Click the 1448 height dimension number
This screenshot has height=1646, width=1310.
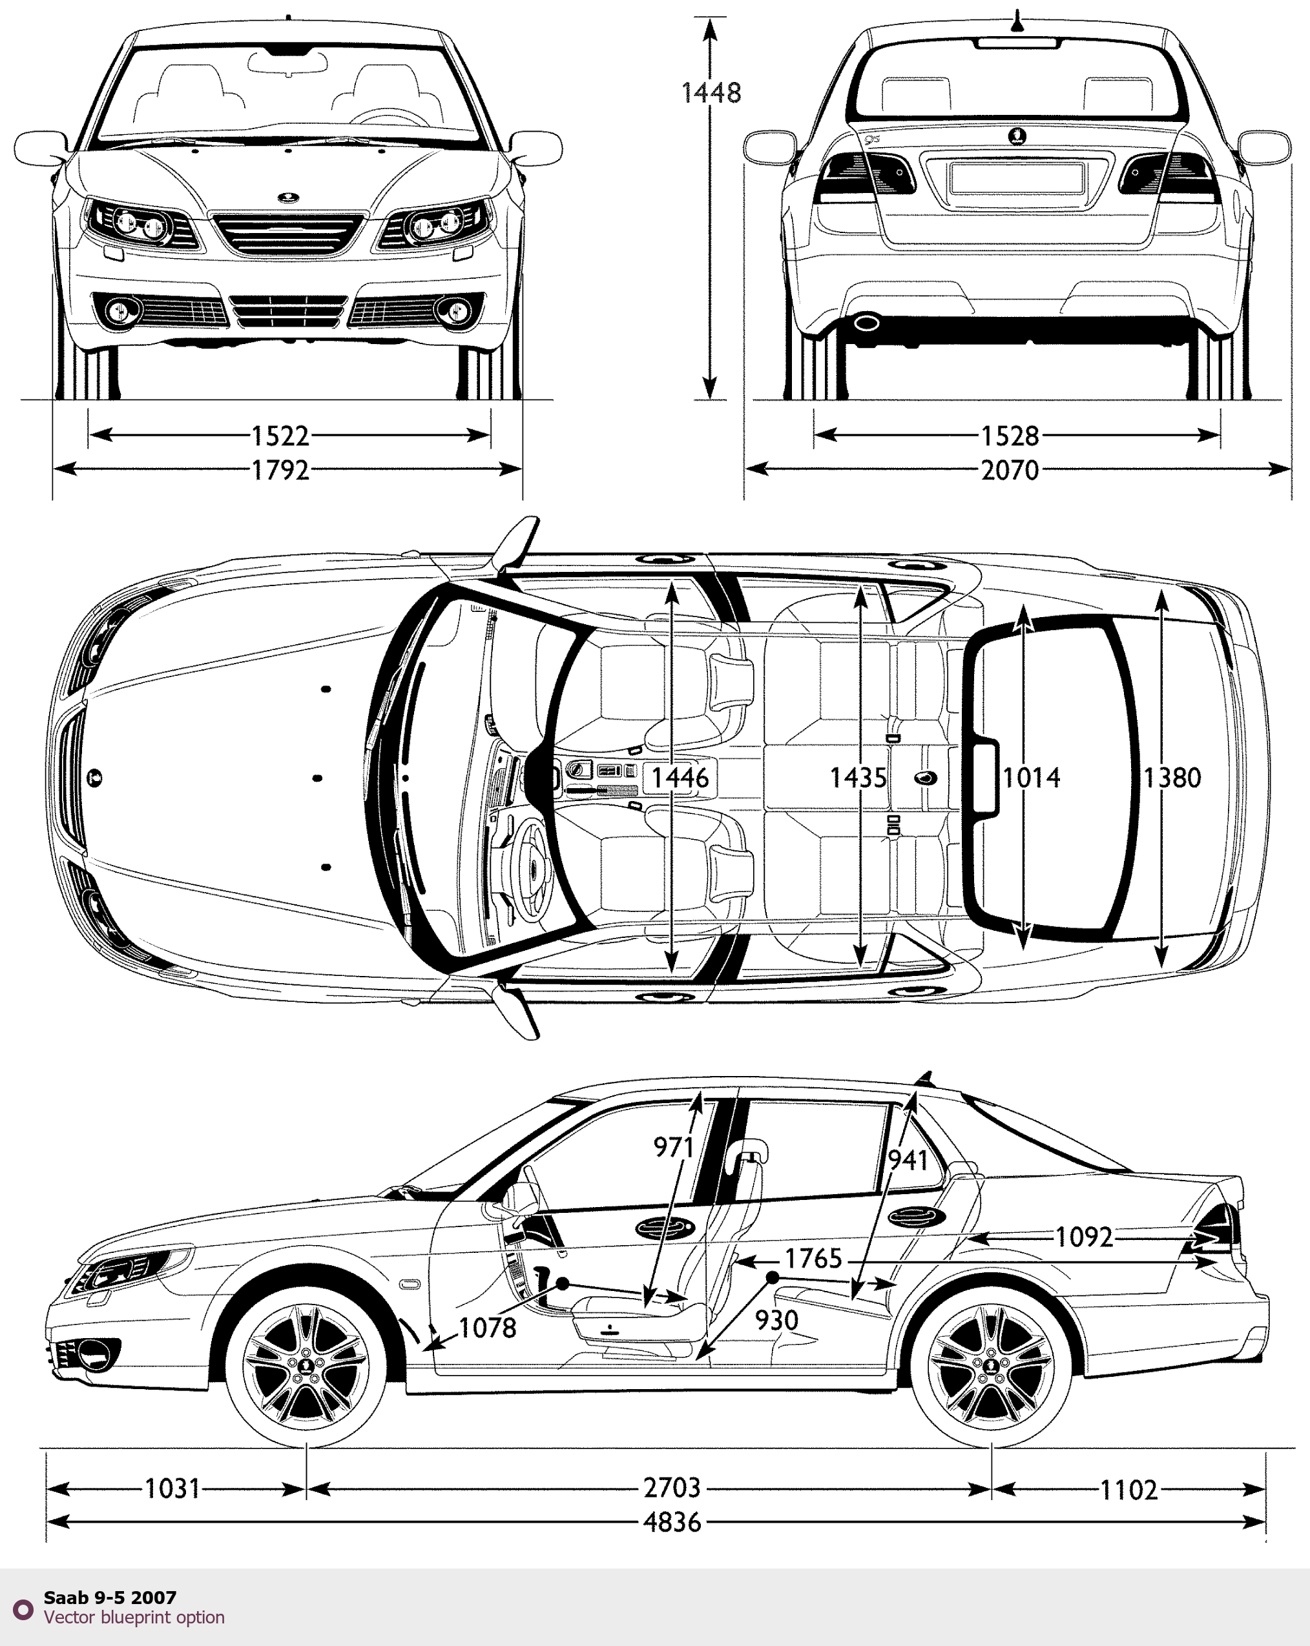(x=711, y=93)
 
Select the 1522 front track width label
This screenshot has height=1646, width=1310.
(x=280, y=436)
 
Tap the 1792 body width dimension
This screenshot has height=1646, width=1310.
(x=280, y=469)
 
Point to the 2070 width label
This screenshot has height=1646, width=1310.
(x=1010, y=469)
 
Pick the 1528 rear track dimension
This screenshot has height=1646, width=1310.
(x=1010, y=436)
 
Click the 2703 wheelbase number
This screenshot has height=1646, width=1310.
(x=671, y=1488)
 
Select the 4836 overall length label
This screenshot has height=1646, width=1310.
(x=671, y=1521)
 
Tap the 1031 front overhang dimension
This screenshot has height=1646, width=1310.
(x=172, y=1488)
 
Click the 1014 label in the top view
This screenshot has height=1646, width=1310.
(x=1031, y=778)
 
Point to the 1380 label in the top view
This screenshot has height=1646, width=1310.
(x=1172, y=778)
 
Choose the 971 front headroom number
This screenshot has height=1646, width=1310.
(x=673, y=1146)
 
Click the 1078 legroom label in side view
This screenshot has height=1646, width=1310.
(x=487, y=1328)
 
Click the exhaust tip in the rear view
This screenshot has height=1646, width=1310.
(x=866, y=323)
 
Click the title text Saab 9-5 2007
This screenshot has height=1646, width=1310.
(x=110, y=1597)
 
